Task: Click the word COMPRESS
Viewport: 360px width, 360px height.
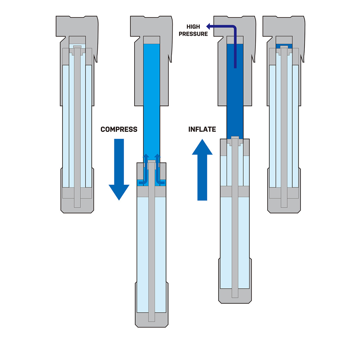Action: [119, 129]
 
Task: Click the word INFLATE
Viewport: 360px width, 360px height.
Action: [202, 129]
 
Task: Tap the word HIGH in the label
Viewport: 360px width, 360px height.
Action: [193, 27]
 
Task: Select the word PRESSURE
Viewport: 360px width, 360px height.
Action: [193, 34]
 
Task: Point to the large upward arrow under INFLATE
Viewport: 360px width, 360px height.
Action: [202, 168]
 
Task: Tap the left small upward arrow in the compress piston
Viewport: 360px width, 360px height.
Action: [146, 156]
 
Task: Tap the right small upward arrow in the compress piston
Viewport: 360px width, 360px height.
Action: [157, 156]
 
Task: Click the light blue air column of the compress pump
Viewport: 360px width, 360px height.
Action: [151, 99]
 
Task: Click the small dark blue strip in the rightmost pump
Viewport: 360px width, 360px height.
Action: [284, 46]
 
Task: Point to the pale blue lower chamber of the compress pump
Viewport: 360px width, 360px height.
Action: [142, 255]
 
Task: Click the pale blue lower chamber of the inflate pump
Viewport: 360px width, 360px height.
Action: [226, 240]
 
